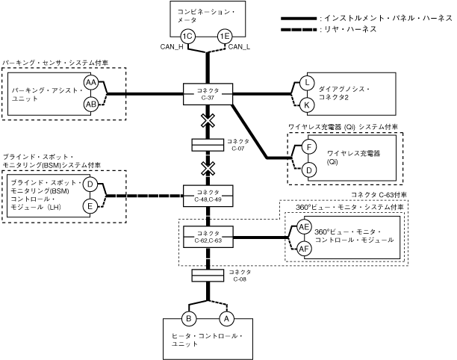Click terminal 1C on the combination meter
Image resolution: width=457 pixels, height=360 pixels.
(188, 37)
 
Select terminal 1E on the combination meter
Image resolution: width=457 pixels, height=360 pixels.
(224, 37)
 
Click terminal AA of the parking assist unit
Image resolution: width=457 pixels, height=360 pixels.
(91, 82)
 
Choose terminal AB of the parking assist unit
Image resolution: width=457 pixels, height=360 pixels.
(91, 103)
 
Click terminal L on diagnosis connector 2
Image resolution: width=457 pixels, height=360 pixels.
(307, 83)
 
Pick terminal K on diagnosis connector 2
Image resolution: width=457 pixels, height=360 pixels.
(307, 104)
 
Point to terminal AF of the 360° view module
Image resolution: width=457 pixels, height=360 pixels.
(304, 248)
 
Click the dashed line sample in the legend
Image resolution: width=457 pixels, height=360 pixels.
(298, 28)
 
